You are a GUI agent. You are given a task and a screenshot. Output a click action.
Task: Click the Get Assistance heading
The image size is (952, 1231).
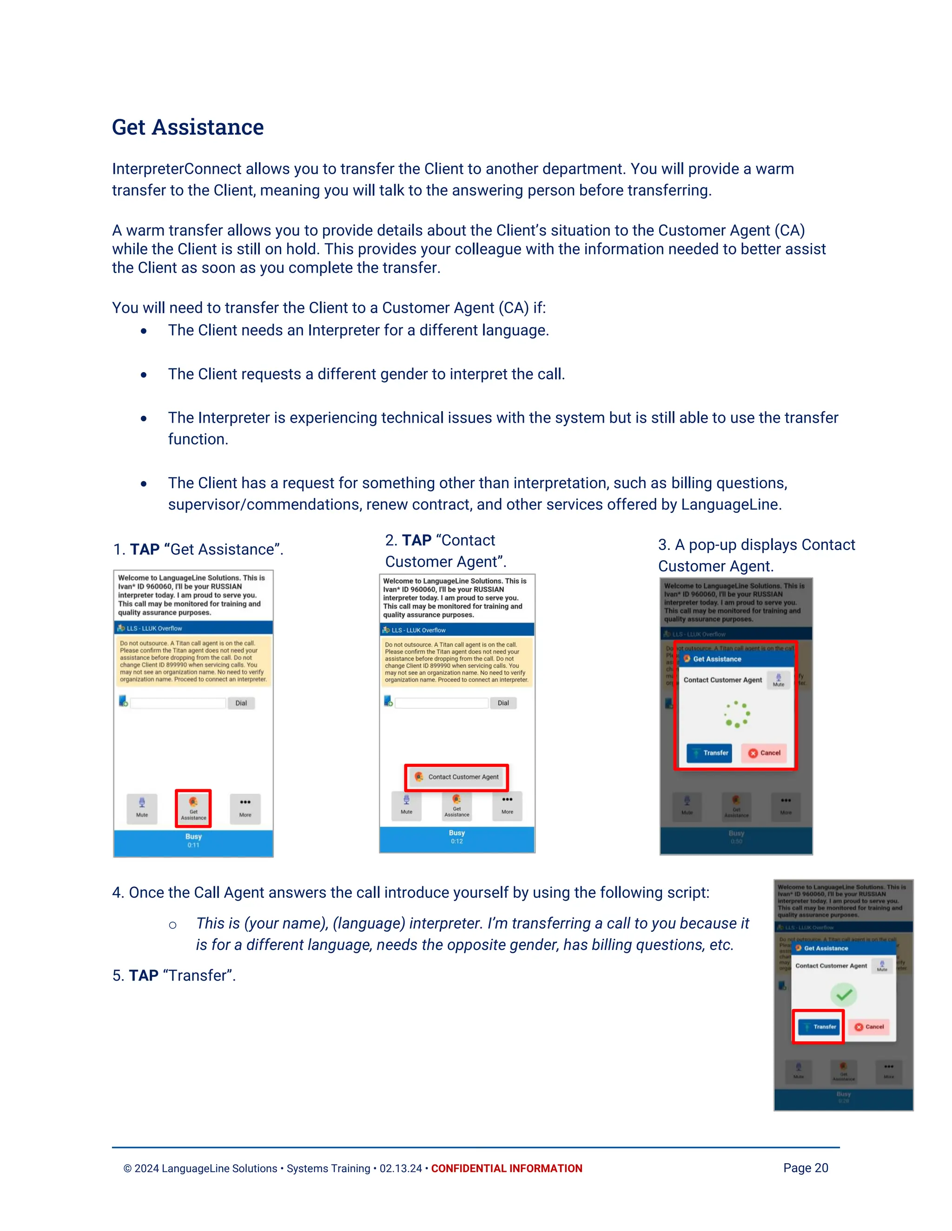pos(187,127)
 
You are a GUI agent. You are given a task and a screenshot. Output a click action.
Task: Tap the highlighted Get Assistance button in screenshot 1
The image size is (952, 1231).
pos(193,808)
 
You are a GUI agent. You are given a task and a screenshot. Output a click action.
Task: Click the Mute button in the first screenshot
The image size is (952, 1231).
pos(142,808)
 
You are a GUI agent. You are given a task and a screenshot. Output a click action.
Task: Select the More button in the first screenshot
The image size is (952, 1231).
pos(245,808)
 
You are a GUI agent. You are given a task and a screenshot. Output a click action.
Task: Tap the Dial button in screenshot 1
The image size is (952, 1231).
pos(241,703)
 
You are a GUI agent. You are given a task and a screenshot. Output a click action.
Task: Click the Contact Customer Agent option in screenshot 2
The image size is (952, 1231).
pos(456,777)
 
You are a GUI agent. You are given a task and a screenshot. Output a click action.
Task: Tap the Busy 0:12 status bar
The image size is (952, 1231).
pos(456,837)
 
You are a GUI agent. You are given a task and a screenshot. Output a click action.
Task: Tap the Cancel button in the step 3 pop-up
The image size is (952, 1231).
pos(764,753)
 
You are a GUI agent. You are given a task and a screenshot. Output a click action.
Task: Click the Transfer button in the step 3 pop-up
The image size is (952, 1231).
pos(709,753)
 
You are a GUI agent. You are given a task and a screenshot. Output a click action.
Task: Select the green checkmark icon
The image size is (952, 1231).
pos(843,995)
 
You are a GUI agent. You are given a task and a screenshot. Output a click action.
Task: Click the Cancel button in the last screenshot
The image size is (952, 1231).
pos(869,1027)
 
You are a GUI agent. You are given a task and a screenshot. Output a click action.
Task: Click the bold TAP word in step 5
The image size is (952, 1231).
pos(143,976)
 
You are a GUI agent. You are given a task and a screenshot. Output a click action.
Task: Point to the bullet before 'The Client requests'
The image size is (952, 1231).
pos(144,375)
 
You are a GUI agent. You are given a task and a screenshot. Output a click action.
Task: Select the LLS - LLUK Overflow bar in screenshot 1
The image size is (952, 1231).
pos(193,628)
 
